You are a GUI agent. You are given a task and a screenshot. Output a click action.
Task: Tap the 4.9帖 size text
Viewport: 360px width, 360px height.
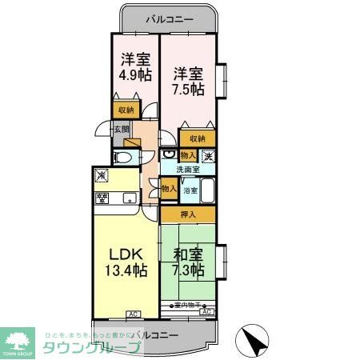pos(135,75)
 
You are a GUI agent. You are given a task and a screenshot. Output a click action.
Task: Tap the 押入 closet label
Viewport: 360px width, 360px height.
pos(187,214)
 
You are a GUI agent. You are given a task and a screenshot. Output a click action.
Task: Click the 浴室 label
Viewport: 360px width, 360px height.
pos(190,190)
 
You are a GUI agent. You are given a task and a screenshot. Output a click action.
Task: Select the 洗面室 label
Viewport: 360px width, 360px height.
pos(188,170)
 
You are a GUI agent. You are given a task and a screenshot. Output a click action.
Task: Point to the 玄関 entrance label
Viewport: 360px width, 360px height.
pos(121,129)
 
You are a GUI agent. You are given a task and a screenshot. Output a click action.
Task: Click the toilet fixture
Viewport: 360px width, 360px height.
pos(123,158)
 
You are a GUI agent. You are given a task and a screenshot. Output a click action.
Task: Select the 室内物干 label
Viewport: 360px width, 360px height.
pos(188,305)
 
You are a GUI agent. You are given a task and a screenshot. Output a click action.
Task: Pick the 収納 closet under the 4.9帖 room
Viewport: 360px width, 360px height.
pos(126,110)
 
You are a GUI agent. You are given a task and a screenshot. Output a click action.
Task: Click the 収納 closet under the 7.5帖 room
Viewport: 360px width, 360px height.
pos(197,137)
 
